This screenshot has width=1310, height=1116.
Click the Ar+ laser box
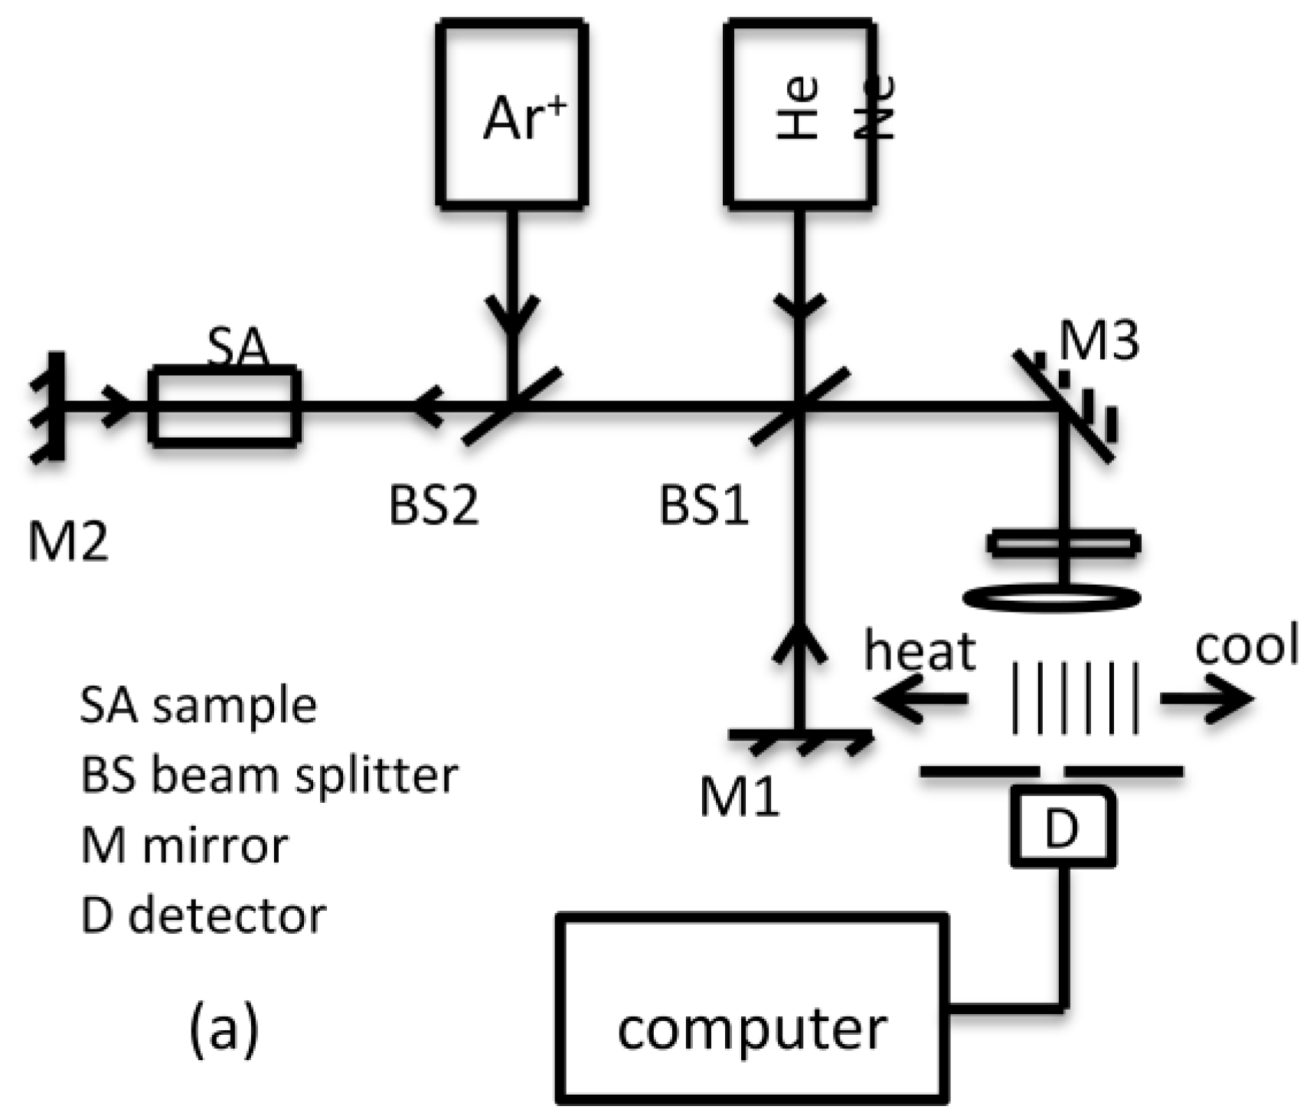(511, 113)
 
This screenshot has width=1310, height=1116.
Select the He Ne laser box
(799, 113)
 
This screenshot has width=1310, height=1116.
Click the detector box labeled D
(1062, 827)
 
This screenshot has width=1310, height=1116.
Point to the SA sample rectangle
(224, 406)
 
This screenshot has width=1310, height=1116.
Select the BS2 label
(433, 505)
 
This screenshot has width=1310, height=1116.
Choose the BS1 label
(703, 505)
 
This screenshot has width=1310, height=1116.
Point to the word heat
(920, 651)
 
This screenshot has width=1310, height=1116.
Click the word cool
(1246, 644)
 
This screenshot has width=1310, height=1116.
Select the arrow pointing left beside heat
(919, 699)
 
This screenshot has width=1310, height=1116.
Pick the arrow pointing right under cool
(1207, 699)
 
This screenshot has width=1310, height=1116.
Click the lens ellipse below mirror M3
(1052, 596)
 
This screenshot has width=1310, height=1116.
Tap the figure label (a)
(224, 1029)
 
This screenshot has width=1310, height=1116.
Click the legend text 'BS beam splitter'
(269, 775)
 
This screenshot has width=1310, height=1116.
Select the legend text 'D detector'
(203, 915)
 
